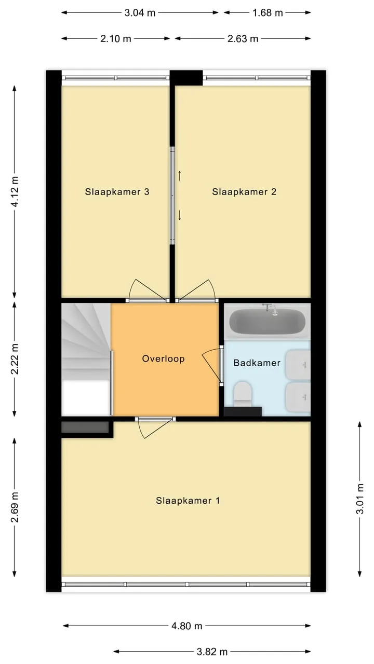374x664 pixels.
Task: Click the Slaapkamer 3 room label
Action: [x=117, y=192]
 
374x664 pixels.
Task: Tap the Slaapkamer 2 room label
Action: [x=244, y=192]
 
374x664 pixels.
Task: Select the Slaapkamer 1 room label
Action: [x=188, y=501]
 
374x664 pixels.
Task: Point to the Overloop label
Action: [x=163, y=358]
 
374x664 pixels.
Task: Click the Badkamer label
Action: [x=257, y=363]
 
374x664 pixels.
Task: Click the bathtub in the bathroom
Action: [x=267, y=322]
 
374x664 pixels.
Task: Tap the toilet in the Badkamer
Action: [x=243, y=394]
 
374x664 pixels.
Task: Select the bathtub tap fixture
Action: [x=271, y=309]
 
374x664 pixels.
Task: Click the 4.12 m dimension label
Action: [x=15, y=191]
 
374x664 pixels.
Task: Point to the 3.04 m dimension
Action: [x=140, y=13]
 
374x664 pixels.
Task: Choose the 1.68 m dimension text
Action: [x=268, y=13]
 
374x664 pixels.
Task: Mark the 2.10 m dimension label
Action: [x=115, y=38]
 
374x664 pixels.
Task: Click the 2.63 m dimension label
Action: [x=243, y=38]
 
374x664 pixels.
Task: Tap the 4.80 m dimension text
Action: [x=186, y=626]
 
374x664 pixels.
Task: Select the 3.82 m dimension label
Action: [x=212, y=652]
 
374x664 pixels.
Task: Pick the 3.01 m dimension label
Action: [x=360, y=499]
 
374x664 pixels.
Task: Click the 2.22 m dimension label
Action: [x=15, y=359]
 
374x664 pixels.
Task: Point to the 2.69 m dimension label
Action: [x=15, y=507]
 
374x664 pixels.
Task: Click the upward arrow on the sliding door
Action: [x=179, y=176]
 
